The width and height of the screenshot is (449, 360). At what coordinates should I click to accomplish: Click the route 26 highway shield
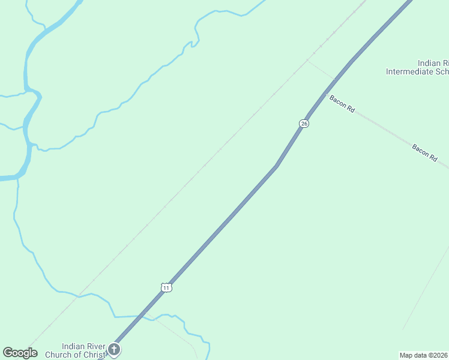coord(304,123)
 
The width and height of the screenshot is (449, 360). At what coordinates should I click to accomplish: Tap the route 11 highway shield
coord(166,287)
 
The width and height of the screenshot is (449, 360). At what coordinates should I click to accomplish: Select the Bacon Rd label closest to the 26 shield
coord(342,103)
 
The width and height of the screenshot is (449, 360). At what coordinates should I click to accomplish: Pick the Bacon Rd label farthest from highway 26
coord(424,151)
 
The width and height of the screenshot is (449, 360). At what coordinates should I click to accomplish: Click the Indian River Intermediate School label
coord(418,67)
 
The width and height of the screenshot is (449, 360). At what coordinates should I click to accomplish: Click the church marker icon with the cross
coord(114,349)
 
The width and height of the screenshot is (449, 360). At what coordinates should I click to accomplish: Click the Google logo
coord(20,353)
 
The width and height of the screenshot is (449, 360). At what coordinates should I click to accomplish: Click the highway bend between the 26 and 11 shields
coord(276,166)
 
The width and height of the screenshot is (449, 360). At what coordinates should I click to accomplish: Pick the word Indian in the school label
coord(429,63)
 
